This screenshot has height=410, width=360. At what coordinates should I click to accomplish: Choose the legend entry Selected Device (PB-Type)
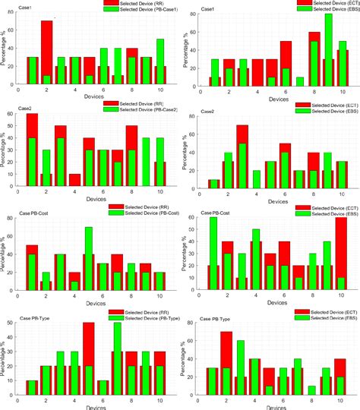tap(144, 317)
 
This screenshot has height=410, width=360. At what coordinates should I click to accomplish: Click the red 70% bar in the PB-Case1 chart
tap(46, 52)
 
